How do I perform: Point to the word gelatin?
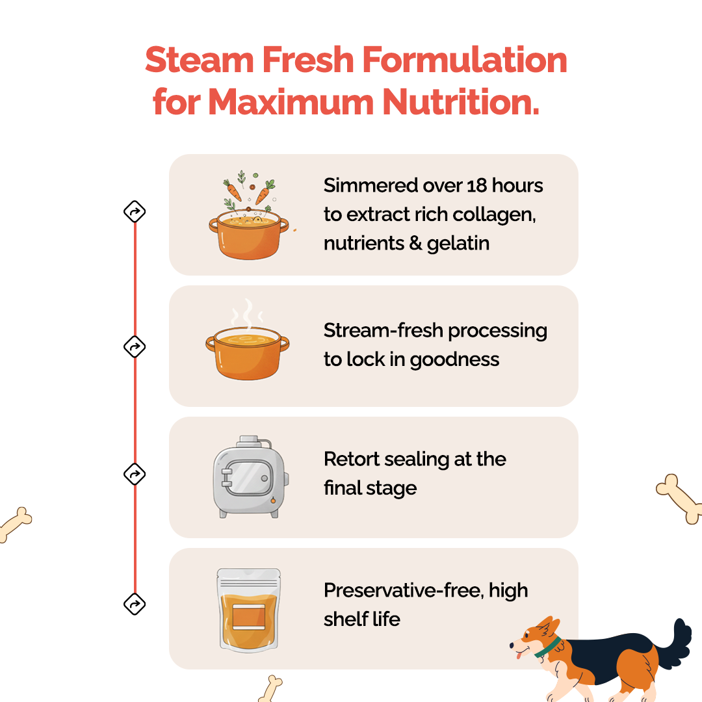pos(458,243)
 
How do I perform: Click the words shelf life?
pos(361,619)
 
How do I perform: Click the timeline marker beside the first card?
pos(135,211)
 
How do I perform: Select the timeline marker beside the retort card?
pos(135,474)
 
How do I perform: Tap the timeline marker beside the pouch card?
pos(135,604)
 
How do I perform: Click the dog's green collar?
pos(549,647)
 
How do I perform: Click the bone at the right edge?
pos(679,499)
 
